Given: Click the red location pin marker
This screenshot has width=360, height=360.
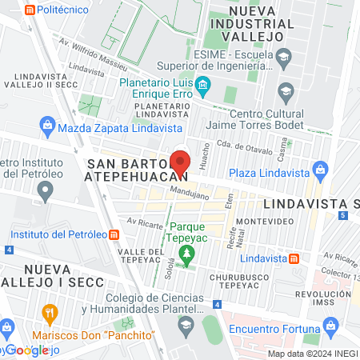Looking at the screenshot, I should click(x=181, y=161).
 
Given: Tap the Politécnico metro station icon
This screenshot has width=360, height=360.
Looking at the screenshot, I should click(x=30, y=10).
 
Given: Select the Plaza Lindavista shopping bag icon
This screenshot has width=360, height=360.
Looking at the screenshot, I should click(x=321, y=170).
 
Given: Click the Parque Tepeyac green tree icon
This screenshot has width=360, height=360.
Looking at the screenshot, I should click(x=186, y=255).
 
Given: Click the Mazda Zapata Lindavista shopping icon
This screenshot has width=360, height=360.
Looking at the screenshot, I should click(x=46, y=126).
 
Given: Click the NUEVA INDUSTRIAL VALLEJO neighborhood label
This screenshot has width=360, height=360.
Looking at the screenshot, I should click(x=254, y=24).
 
